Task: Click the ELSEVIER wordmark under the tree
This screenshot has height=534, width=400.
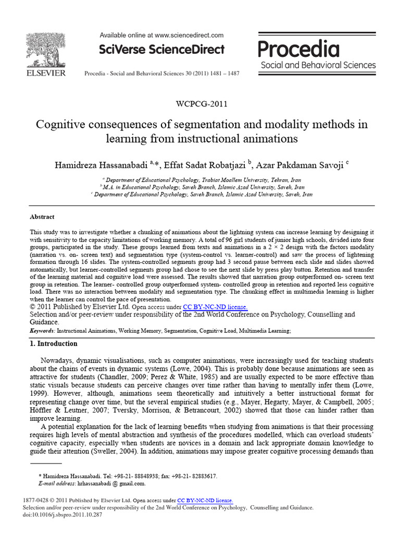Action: point(46,73)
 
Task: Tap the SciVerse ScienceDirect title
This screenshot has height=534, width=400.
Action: point(161,50)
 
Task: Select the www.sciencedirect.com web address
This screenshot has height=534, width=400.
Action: point(189,35)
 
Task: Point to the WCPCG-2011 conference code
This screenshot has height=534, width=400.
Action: point(201,103)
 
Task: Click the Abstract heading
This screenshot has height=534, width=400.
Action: point(42,216)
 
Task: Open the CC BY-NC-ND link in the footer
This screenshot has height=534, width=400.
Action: point(205,500)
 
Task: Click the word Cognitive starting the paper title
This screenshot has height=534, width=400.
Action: point(58,125)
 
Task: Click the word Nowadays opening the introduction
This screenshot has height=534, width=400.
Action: point(57,360)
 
